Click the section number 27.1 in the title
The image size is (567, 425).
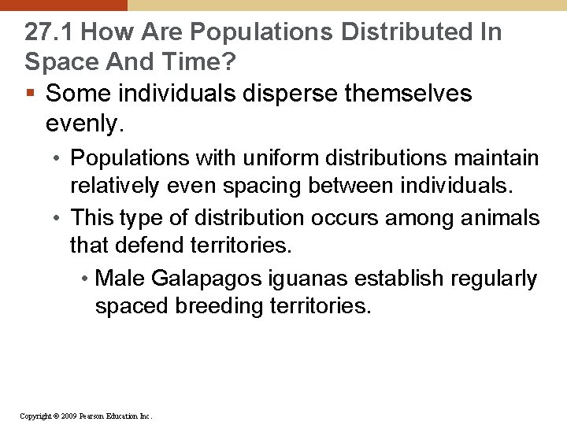[x=50, y=32]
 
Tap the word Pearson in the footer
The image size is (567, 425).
[x=93, y=416]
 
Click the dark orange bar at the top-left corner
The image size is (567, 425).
[x=63, y=5]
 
